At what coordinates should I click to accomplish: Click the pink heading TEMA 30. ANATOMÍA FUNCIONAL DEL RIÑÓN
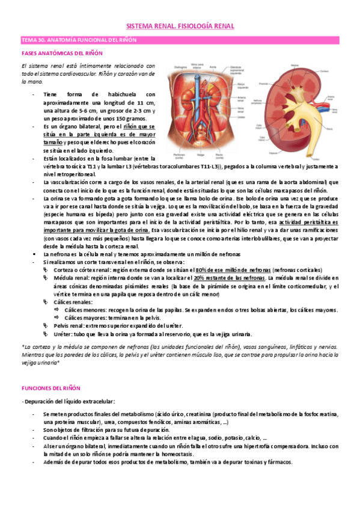pyautogui.click(x=79, y=40)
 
